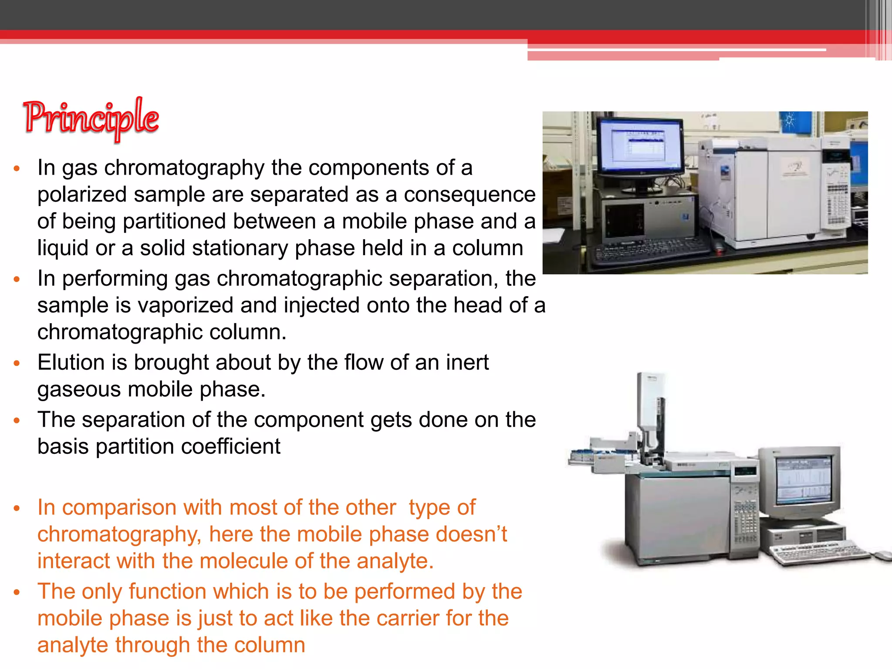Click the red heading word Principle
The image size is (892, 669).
point(91,118)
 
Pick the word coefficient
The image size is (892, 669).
point(230,446)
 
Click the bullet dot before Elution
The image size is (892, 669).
point(17,363)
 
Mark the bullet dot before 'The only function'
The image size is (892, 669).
point(17,592)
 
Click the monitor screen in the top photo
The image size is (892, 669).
point(639,146)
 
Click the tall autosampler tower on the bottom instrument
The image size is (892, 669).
point(651,405)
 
